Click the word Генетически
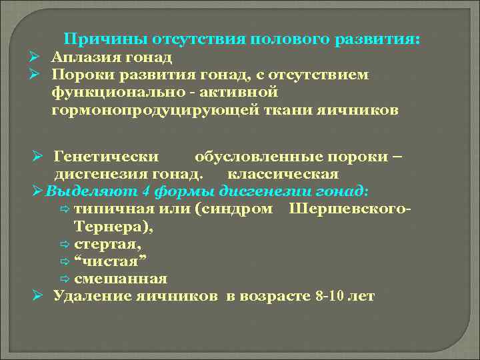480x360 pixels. pos(106,157)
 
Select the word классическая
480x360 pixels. pos(283,174)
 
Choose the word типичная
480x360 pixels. pos(115,209)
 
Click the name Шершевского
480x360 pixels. pos(349,209)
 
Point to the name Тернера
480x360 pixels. pos(105,226)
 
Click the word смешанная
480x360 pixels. pos(121,278)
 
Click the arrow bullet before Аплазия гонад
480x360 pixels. pos(38,57)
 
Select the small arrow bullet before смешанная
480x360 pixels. pos(64,279)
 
